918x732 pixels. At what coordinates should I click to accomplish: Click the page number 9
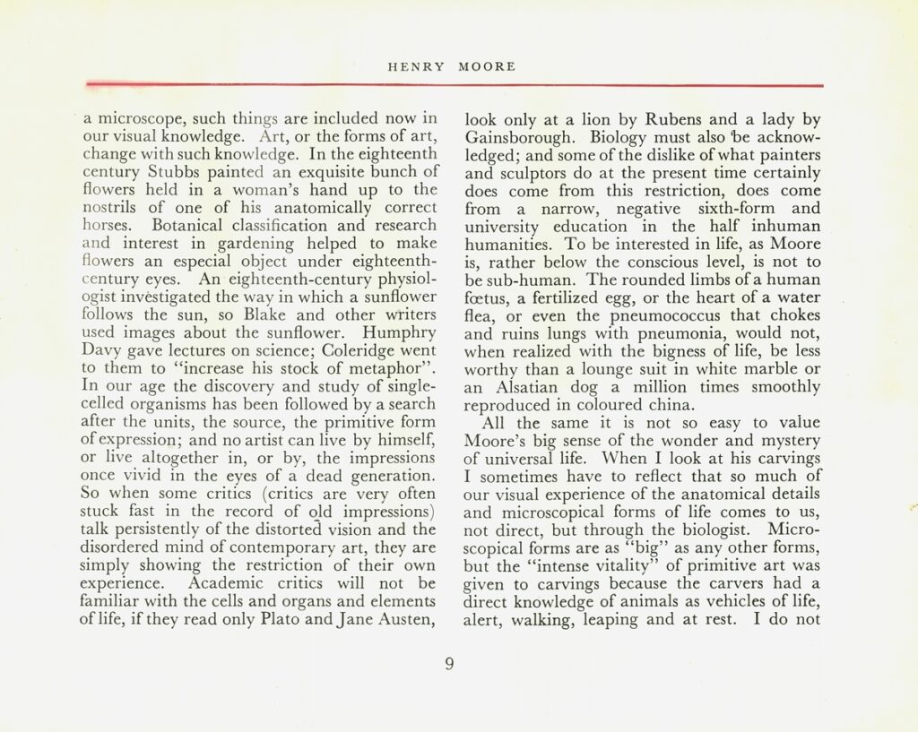(x=450, y=664)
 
